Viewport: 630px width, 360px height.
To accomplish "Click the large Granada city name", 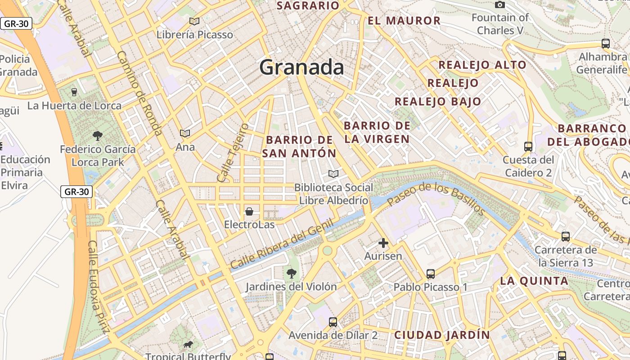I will click(301, 67).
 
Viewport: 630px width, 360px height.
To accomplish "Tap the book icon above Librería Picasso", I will click(194, 21).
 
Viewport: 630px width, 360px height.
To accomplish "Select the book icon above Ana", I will click(185, 133).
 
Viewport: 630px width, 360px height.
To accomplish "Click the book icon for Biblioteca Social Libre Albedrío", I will click(333, 174).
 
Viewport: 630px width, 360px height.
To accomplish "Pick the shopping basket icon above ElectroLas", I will click(249, 211).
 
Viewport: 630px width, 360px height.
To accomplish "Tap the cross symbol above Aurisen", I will click(383, 243).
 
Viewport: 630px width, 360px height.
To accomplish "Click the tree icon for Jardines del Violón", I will click(292, 273).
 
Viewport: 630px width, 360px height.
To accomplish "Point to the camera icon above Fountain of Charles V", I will click(500, 5).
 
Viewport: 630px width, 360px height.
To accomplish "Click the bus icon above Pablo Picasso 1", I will click(431, 274).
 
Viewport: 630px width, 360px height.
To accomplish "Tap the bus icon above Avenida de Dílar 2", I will click(333, 322).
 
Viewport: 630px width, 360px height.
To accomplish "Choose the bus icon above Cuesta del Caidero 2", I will click(528, 147).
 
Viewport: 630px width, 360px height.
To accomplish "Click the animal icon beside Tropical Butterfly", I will click(188, 345).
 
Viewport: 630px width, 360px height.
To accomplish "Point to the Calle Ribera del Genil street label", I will click(282, 244).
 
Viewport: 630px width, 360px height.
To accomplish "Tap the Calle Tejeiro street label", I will click(233, 153).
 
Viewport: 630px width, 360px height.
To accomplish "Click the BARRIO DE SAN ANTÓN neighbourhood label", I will click(299, 146).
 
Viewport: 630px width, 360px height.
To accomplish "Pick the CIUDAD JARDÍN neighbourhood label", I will click(442, 335).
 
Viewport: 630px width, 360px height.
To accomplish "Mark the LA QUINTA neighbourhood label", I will click(534, 281).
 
